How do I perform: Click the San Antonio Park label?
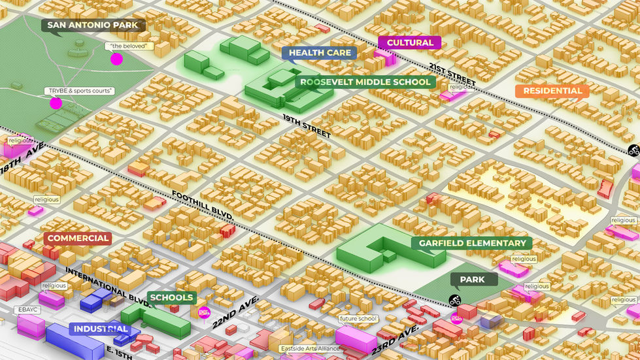point(93,25)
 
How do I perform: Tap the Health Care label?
point(320,53)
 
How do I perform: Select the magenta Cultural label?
point(409,42)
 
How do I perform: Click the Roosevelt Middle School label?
point(365,82)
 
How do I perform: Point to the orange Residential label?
point(552,91)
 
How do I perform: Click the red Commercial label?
point(78,238)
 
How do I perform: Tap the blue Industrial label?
point(100,329)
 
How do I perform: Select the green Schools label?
point(171,297)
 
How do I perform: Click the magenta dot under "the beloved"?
point(116,59)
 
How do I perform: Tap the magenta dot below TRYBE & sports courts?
point(56,103)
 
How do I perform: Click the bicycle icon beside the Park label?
point(454,301)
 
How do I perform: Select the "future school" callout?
point(358,319)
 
